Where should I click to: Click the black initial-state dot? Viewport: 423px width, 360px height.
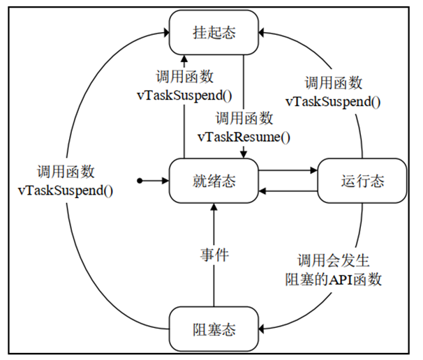coord(140,181)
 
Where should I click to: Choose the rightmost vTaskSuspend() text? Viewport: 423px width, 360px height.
coord(334,101)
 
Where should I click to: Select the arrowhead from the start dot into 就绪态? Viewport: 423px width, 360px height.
coord(166,181)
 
